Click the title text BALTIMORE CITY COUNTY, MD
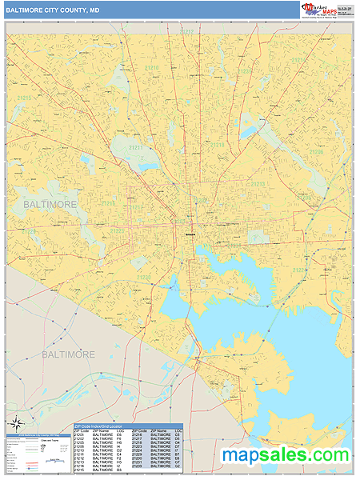point(53,10)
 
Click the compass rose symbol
point(14,423)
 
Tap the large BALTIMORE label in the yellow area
point(50,205)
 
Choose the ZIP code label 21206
point(316,150)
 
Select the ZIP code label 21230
point(144,277)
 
